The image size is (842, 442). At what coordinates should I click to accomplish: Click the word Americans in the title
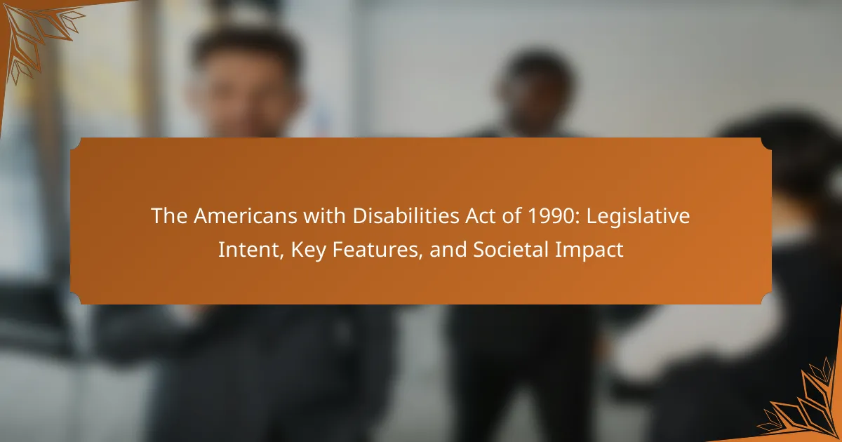(246, 216)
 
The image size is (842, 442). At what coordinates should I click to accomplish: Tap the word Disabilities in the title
(406, 216)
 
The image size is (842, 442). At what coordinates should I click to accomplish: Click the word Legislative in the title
(638, 217)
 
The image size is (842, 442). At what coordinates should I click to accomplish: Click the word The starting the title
(169, 216)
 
